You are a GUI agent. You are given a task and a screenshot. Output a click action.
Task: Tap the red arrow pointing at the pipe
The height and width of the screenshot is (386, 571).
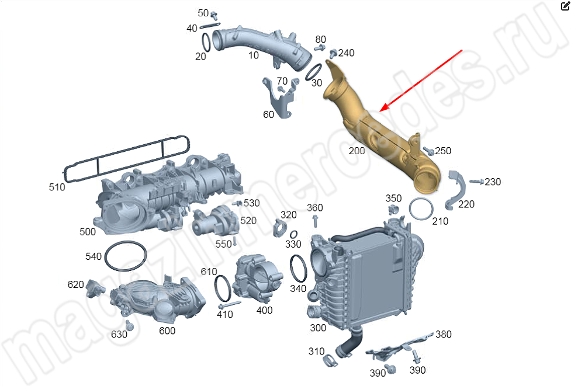pyautogui.click(x=421, y=81)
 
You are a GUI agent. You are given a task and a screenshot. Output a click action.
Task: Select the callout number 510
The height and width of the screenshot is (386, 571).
pyautogui.click(x=57, y=187)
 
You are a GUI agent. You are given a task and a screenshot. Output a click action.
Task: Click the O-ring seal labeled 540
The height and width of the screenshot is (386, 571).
pyautogui.click(x=126, y=256)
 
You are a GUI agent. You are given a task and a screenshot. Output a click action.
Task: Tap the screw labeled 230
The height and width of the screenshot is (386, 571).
pyautogui.click(x=476, y=181)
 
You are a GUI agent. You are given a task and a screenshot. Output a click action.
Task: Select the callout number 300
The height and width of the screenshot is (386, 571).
pyautogui.click(x=318, y=328)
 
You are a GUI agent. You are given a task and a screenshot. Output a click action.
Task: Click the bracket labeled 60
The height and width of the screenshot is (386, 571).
pyautogui.click(x=280, y=99)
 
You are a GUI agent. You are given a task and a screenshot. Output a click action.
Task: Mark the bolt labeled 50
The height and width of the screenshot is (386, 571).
pyautogui.click(x=214, y=16)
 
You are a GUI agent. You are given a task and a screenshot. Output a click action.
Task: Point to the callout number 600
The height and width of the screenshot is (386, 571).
pyautogui.click(x=167, y=331)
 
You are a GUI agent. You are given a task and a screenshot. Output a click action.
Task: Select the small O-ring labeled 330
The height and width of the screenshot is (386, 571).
pyautogui.click(x=293, y=235)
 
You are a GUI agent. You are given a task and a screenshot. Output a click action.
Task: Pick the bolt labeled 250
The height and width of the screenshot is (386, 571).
pyautogui.click(x=428, y=150)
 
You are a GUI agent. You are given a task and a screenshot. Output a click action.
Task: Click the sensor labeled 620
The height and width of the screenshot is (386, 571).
pyautogui.click(x=95, y=288)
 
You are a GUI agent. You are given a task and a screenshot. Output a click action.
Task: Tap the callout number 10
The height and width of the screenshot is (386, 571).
pyautogui.click(x=254, y=55)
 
